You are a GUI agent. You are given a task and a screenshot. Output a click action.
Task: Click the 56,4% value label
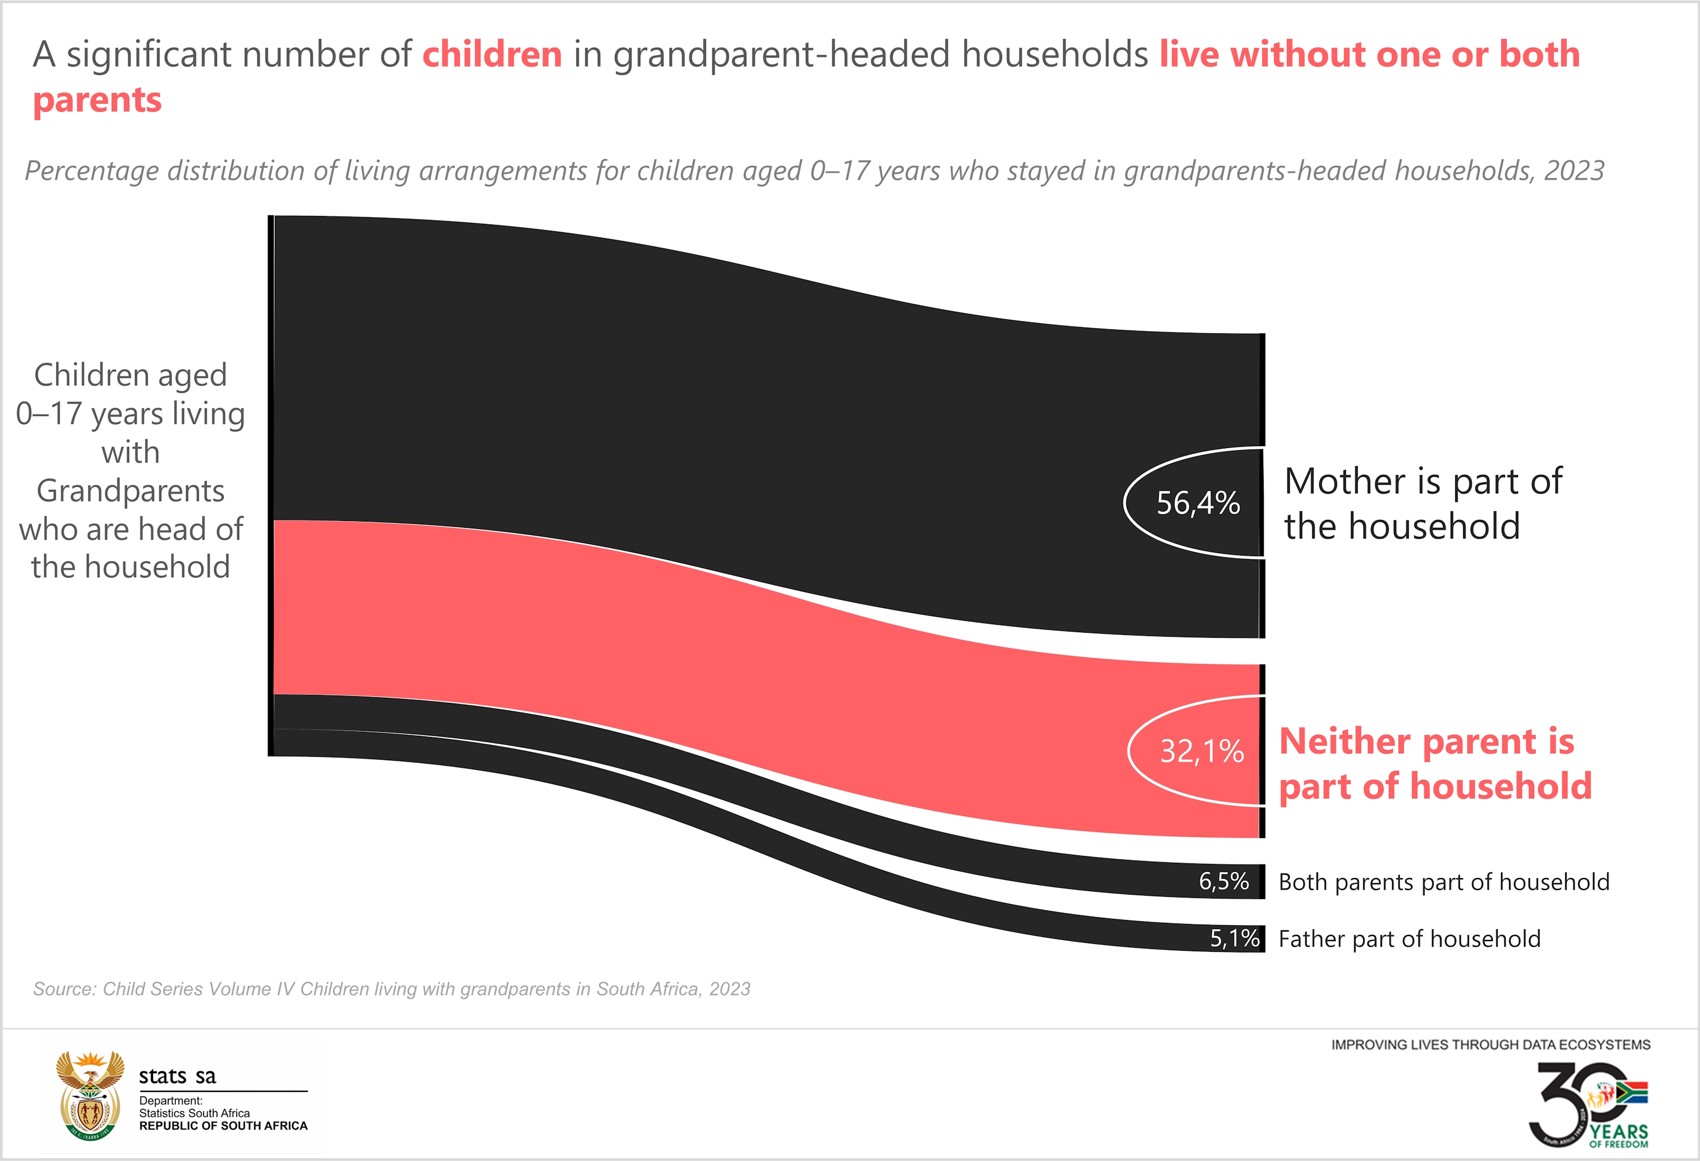pos(1197,503)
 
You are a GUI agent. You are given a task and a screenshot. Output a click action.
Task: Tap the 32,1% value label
pos(1201,751)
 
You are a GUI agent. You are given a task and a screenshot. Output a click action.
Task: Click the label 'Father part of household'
pos(1409,939)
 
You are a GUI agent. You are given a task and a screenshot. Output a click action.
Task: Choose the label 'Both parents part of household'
pos(1443,882)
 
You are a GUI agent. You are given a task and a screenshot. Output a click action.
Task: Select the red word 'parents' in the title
pos(97,100)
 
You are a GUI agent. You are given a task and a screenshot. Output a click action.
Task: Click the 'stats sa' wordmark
pos(178,1076)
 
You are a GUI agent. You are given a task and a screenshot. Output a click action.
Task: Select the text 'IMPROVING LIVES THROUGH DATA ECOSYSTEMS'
pos(1490,1045)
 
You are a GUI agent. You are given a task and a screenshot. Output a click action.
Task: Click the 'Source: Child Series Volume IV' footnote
pos(392,989)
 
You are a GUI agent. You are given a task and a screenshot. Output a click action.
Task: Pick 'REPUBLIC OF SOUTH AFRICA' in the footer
pos(223,1126)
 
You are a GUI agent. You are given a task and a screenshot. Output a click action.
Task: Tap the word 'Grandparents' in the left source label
pos(130,491)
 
